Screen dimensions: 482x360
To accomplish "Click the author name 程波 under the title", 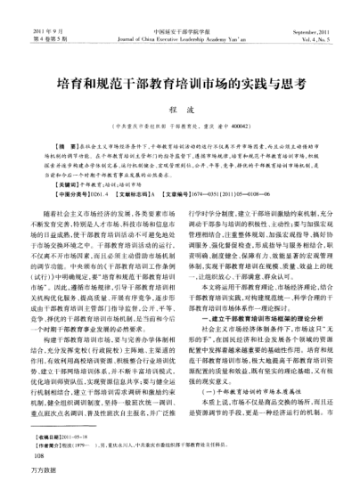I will click(x=179, y=110).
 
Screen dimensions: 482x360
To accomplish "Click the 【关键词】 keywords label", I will click(x=64, y=182).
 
